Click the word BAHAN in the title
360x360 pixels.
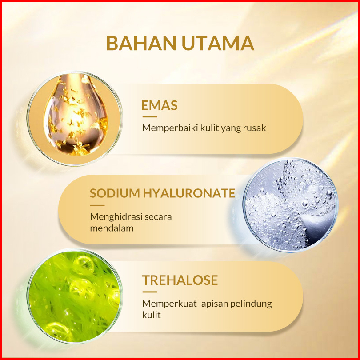coord(141,43)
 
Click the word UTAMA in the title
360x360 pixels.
coord(218,43)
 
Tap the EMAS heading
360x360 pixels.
coord(160,105)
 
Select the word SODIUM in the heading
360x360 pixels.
coord(115,193)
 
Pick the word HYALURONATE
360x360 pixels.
coord(189,193)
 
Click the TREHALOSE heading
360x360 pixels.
coord(180,280)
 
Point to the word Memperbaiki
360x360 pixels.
coord(170,128)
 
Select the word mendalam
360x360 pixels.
coord(112,228)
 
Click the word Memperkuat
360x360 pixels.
coord(169,304)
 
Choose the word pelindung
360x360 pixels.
coord(251,304)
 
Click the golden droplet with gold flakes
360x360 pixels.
coord(76,114)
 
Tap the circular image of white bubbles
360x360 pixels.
coord(290,204)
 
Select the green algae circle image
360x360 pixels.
coord(75,296)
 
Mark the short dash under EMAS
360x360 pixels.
coord(150,116)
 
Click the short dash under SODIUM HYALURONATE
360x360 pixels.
coord(97,205)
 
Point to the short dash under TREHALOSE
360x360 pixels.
coord(150,292)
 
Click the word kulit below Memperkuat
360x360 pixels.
coord(152,315)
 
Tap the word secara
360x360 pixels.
coord(158,217)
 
